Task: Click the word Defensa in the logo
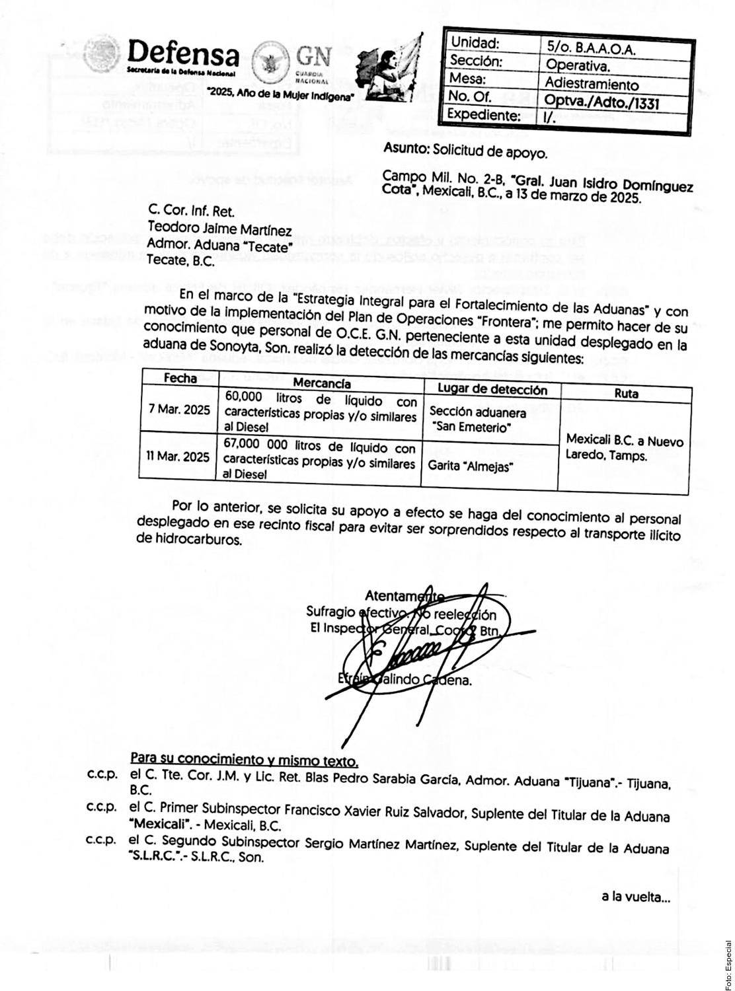(182, 53)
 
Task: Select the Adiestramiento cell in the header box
(592, 84)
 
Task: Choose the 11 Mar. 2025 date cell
(178, 457)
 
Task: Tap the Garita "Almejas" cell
(470, 466)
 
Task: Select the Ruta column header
(625, 394)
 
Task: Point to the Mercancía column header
(322, 383)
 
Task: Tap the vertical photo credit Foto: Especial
(728, 964)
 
